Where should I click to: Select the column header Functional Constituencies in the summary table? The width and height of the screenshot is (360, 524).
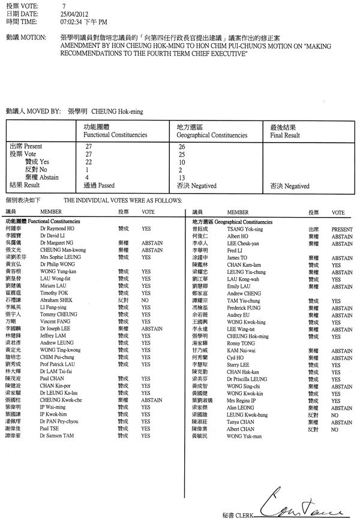[113, 136]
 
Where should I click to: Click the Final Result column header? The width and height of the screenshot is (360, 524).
[286, 136]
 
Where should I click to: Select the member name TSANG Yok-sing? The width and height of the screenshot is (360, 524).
[245, 229]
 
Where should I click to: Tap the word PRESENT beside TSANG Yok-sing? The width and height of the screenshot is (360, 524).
[342, 229]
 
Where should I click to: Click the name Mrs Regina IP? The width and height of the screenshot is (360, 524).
[244, 400]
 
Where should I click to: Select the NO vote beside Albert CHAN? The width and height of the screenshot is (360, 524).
[335, 429]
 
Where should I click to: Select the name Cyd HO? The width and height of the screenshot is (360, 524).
[236, 357]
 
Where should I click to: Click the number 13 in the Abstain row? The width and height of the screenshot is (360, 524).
[181, 178]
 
